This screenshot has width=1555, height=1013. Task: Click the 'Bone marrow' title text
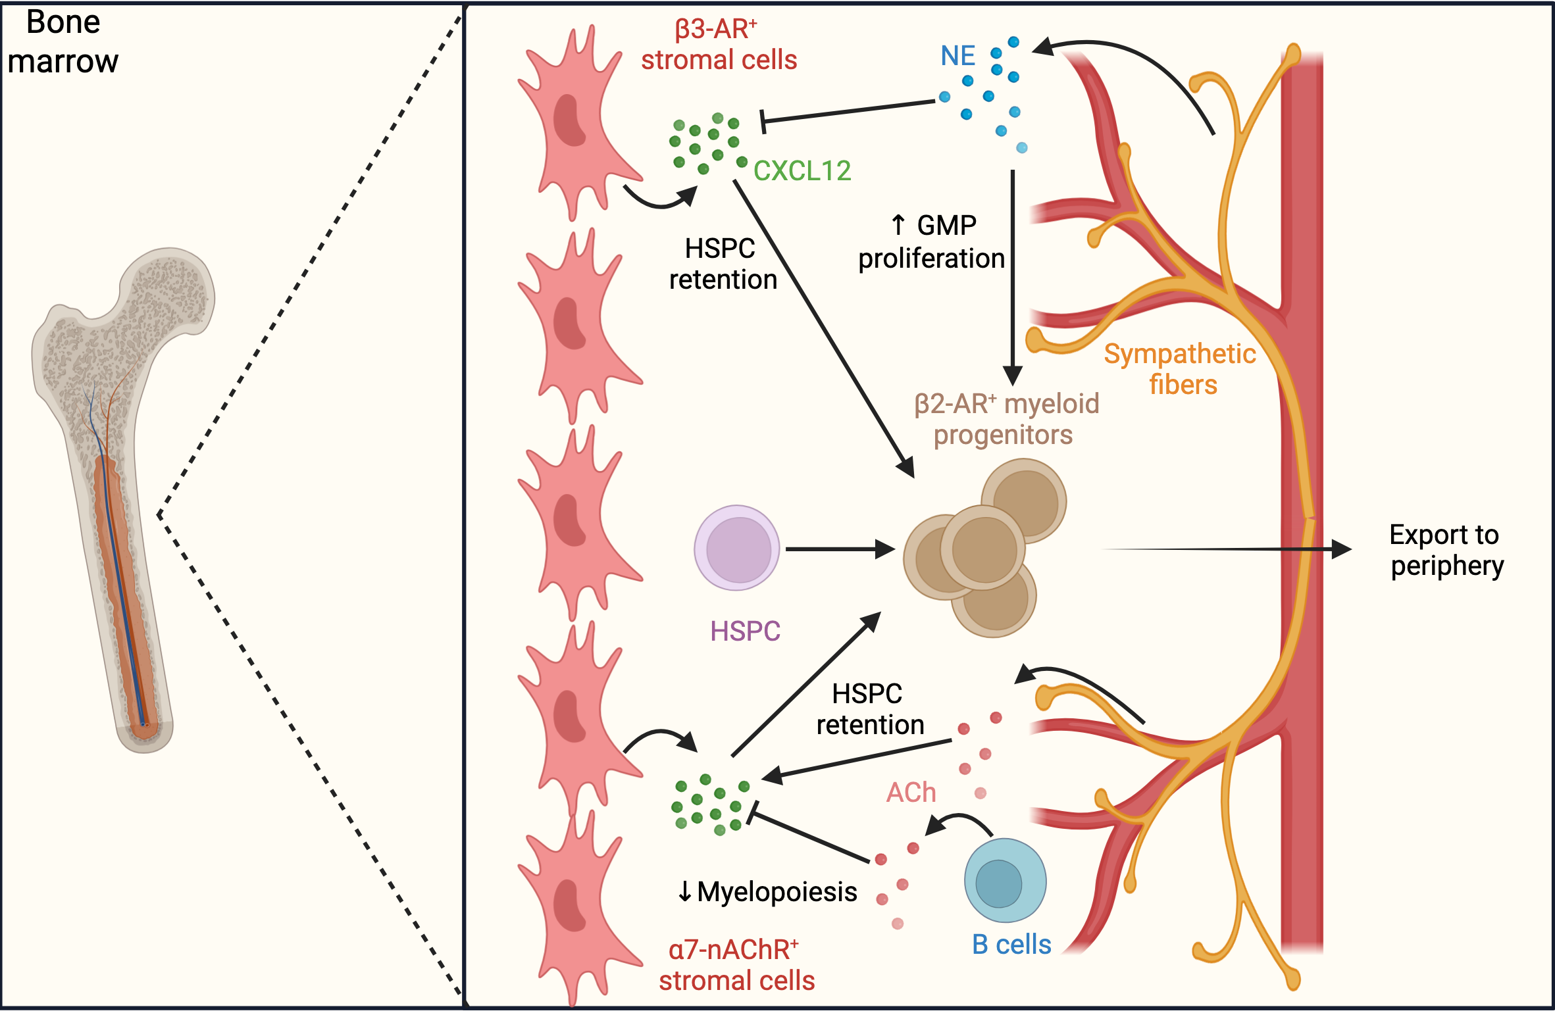tap(63, 41)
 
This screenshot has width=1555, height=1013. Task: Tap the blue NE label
tap(957, 56)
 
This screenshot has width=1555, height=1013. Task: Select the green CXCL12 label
tap(802, 171)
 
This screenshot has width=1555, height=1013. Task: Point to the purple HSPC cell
tap(737, 548)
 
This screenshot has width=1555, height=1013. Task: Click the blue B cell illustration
tap(1005, 880)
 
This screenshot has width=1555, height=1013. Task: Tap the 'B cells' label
tap(1011, 945)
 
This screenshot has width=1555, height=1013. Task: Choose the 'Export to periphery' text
tap(1446, 551)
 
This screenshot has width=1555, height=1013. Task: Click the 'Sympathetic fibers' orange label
tap(1181, 369)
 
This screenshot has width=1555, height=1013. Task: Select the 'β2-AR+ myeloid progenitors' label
tap(1006, 419)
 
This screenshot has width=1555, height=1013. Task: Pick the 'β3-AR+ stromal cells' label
tap(719, 45)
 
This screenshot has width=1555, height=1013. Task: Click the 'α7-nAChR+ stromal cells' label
tap(736, 965)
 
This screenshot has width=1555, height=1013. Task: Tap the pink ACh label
tap(911, 793)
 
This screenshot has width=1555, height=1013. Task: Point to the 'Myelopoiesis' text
tap(777, 892)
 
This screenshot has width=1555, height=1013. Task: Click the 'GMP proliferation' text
tap(932, 242)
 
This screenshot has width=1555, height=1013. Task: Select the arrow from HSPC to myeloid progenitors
tap(840, 549)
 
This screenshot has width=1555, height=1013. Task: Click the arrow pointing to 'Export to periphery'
tap(1226, 549)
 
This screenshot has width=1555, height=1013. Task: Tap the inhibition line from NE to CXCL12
tap(848, 112)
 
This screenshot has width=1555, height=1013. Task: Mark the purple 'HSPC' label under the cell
tap(745, 631)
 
